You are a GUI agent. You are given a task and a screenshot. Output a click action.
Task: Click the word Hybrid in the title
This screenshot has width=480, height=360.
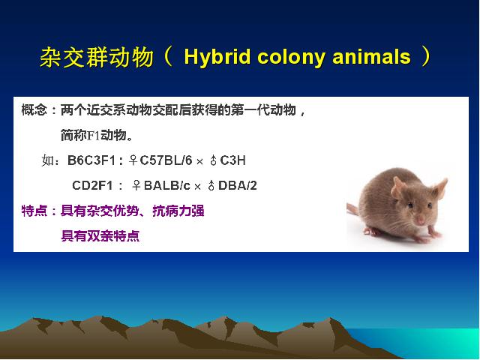pyautogui.click(x=217, y=58)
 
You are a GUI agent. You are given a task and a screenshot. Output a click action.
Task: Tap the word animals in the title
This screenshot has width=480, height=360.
pyautogui.click(x=371, y=57)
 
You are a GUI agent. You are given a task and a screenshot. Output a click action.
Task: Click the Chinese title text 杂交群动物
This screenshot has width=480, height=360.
pyautogui.click(x=97, y=57)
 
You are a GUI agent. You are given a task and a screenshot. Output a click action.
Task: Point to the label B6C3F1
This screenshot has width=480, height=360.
pyautogui.click(x=91, y=160)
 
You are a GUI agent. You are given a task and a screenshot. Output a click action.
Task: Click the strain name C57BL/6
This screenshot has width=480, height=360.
pyautogui.click(x=166, y=160)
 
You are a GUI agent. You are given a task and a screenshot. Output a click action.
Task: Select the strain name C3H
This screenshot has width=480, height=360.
pyautogui.click(x=232, y=160)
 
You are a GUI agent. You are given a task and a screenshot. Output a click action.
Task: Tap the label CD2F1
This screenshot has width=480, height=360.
pyautogui.click(x=92, y=185)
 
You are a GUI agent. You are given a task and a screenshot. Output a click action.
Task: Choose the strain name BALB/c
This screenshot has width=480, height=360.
pyautogui.click(x=166, y=185)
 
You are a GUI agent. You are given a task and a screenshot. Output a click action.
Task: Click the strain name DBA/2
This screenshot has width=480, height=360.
pyautogui.click(x=238, y=185)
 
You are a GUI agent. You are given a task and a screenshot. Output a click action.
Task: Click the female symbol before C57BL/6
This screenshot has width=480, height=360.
pyautogui.click(x=133, y=160)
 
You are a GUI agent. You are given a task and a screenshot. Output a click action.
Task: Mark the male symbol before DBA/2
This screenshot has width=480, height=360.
pyautogui.click(x=211, y=185)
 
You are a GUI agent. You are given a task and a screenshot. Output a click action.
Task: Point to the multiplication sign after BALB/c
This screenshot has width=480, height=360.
pyautogui.click(x=197, y=187)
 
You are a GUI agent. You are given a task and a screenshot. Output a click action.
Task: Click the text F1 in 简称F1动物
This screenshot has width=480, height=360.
pyautogui.click(x=94, y=136)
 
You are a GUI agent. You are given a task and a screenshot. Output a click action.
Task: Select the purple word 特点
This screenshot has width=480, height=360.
pyautogui.click(x=34, y=211)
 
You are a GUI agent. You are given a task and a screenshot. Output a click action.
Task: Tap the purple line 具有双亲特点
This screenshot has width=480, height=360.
pyautogui.click(x=100, y=236)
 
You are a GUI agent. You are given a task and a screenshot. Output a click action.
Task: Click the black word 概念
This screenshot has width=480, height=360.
pyautogui.click(x=34, y=110)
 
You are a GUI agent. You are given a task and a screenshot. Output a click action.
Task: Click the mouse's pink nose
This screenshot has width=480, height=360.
pyautogui.click(x=420, y=220)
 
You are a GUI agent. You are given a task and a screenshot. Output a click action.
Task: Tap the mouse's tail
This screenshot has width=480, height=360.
pyautogui.click(x=352, y=208)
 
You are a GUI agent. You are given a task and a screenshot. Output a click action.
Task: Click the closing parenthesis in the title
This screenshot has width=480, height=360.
pyautogui.click(x=426, y=57)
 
